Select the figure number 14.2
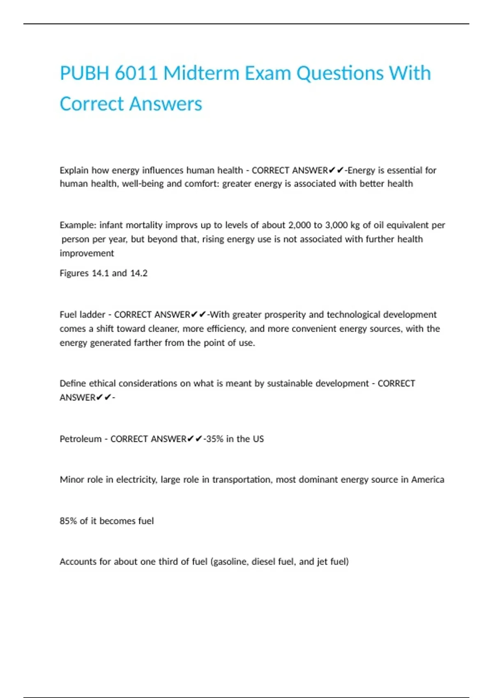tap(138, 273)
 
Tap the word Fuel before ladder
tap(68, 315)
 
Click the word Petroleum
tap(81, 439)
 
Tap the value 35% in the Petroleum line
tap(214, 439)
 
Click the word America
tap(428, 480)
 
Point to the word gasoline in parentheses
tap(230, 562)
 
